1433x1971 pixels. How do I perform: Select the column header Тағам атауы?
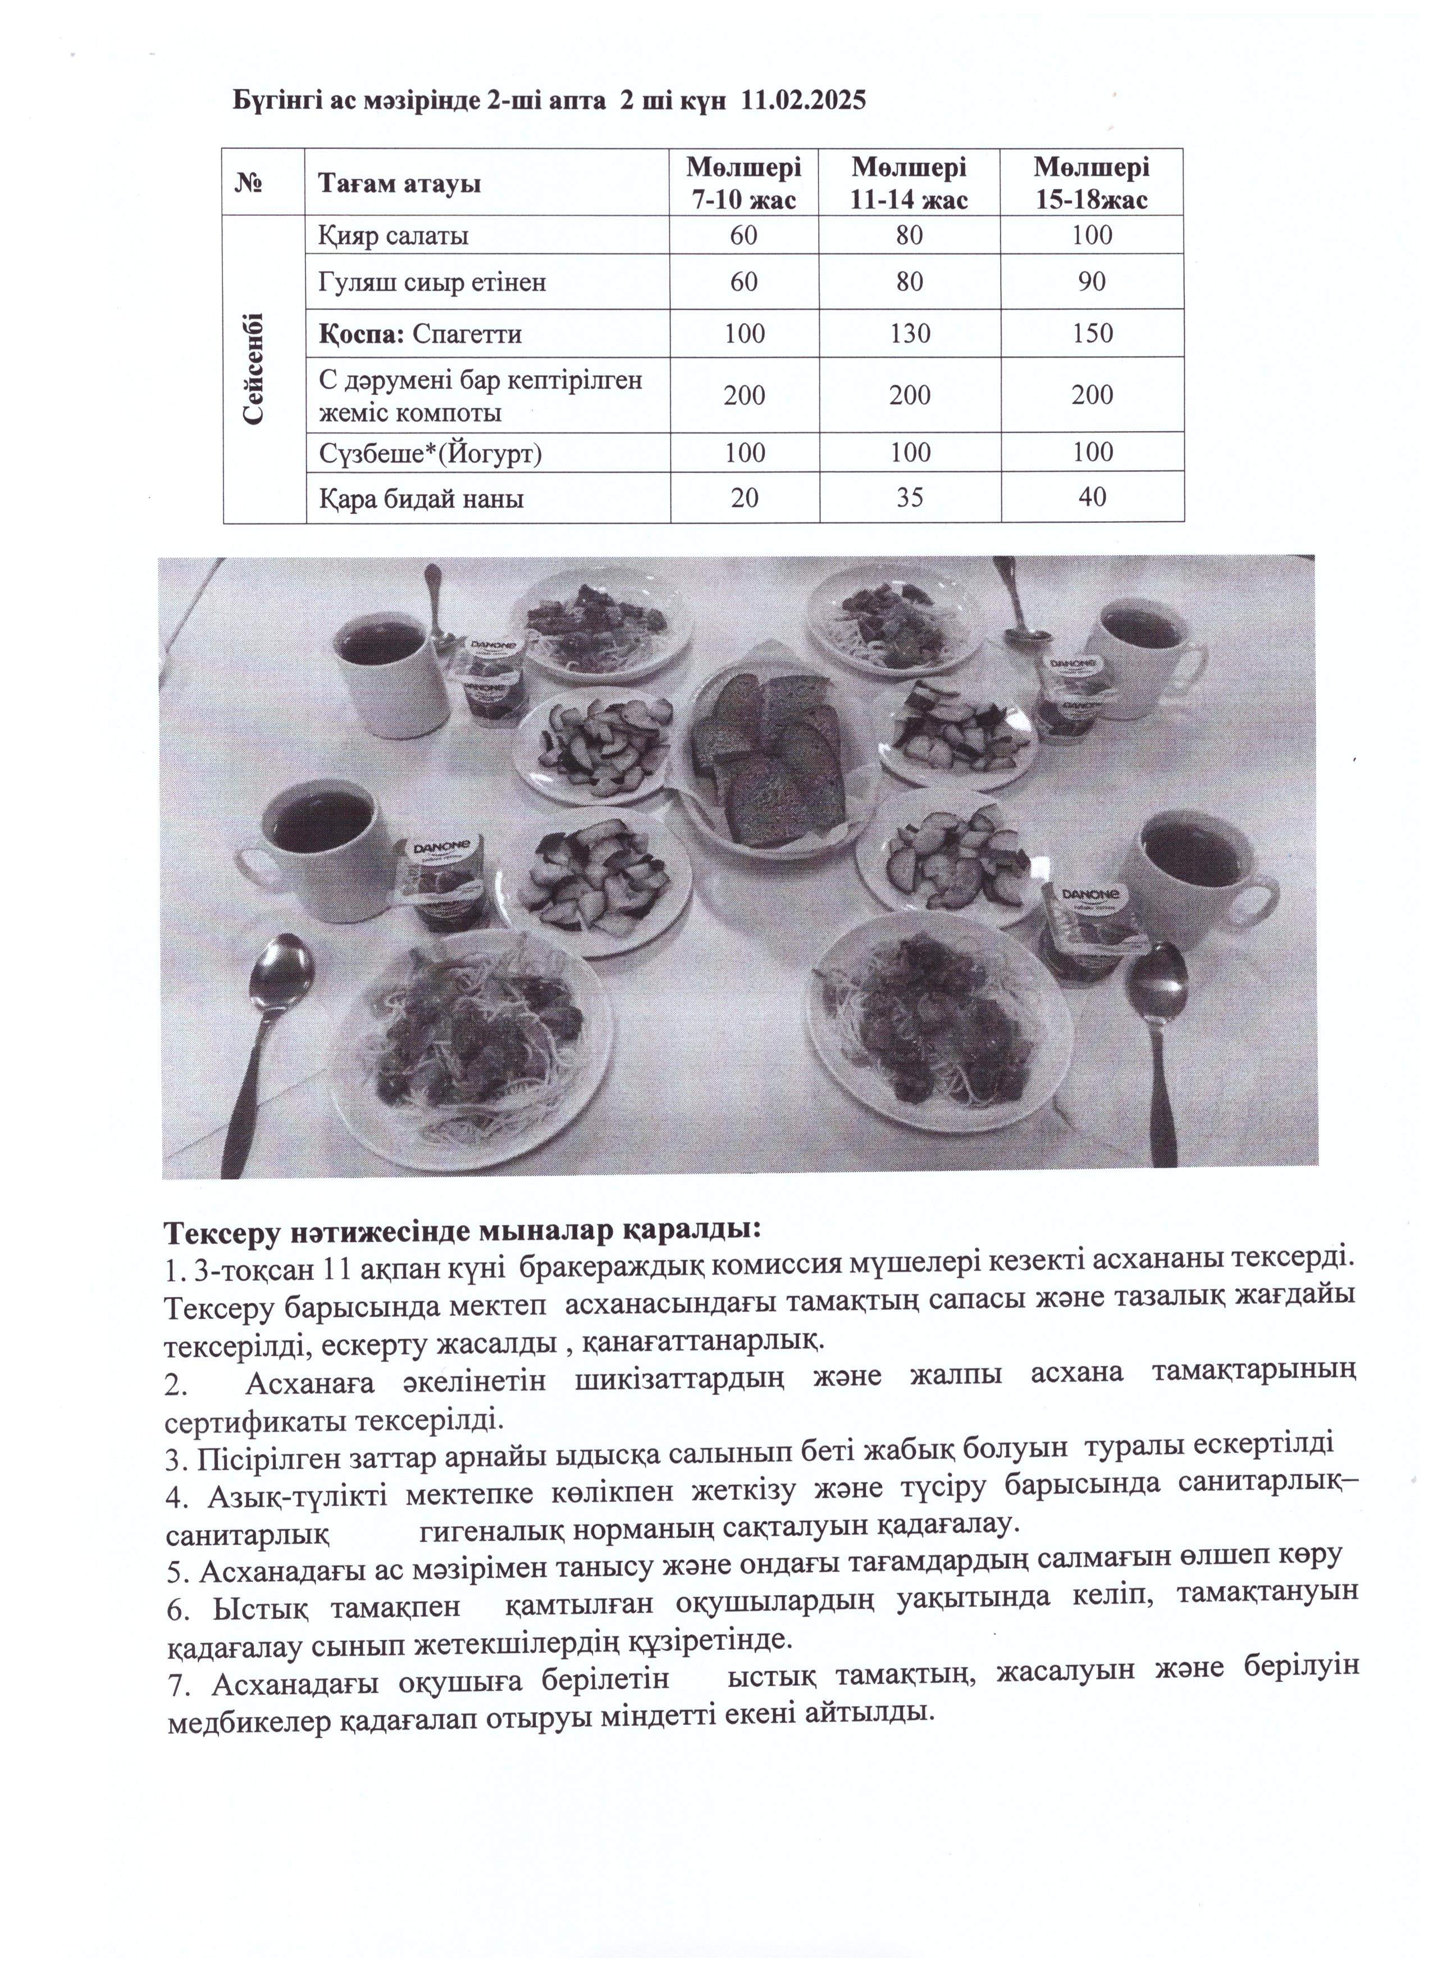pyautogui.click(x=399, y=184)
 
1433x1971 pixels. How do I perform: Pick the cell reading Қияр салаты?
pyautogui.click(x=394, y=235)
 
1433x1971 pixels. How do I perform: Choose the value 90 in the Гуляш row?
pyautogui.click(x=1092, y=281)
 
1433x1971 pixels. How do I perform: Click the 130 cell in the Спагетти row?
pyautogui.click(x=909, y=334)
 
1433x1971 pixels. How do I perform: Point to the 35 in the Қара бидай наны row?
pyautogui.click(x=909, y=496)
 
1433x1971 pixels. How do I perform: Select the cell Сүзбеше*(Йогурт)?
pyautogui.click(x=430, y=452)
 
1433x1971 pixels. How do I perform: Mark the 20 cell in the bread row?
pyautogui.click(x=744, y=496)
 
